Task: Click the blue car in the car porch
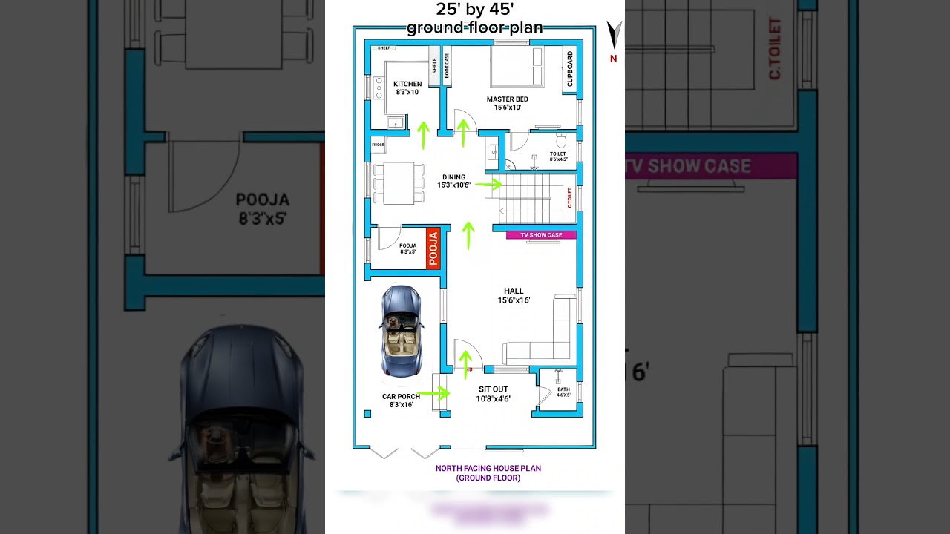pyautogui.click(x=402, y=331)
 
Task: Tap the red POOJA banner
pyautogui.click(x=433, y=248)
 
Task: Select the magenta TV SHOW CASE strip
pyautogui.click(x=541, y=235)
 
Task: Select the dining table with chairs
pyautogui.click(x=399, y=183)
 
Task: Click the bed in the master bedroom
pyautogui.click(x=517, y=67)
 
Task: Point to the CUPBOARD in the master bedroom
pyautogui.click(x=570, y=70)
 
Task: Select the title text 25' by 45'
pyautogui.click(x=475, y=10)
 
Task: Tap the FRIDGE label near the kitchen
pyautogui.click(x=378, y=145)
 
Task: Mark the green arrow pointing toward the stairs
pyautogui.click(x=488, y=184)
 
